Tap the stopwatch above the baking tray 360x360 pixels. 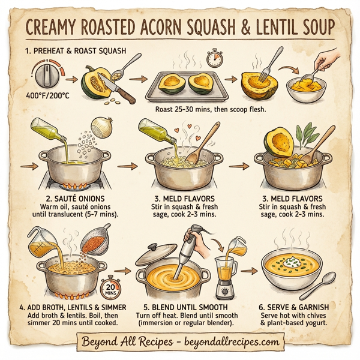coord(214,58)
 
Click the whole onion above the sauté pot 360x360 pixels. coord(105,127)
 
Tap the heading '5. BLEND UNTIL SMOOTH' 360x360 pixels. coord(183,307)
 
